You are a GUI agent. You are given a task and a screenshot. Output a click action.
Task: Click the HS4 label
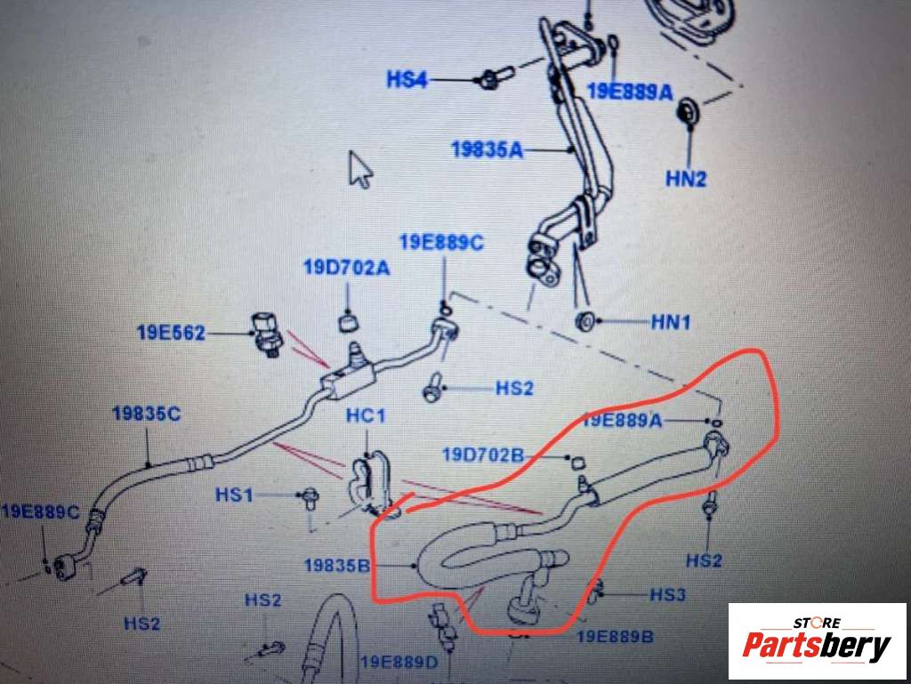[x=407, y=79]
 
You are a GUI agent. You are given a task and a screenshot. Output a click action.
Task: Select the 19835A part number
[x=487, y=149]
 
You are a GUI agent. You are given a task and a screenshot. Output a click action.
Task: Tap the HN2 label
[x=686, y=178]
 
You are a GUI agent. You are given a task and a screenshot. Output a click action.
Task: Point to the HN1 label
[x=671, y=321]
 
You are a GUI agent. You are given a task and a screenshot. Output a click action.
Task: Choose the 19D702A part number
[x=347, y=268]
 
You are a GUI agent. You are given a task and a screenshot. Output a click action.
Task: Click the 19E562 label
[x=171, y=333]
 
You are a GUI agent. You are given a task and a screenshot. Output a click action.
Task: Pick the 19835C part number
[x=147, y=414]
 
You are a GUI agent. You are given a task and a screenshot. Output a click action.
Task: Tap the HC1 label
[x=366, y=415]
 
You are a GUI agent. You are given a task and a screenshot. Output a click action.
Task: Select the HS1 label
[x=234, y=495]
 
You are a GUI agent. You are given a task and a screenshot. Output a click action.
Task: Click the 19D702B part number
[x=483, y=455]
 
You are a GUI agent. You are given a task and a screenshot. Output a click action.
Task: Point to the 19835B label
[x=337, y=565]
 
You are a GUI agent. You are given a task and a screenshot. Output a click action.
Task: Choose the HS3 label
[x=667, y=594]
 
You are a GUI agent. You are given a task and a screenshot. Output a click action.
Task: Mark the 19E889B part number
[x=615, y=636]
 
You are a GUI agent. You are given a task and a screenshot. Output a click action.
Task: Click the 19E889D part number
[x=399, y=662]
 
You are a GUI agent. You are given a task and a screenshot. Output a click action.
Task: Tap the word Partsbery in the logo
[x=817, y=646]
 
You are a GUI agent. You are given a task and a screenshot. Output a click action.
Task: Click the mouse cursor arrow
[x=359, y=170]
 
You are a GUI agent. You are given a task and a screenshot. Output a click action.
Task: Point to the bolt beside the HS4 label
[x=494, y=77]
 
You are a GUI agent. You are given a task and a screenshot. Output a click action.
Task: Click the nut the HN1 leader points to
[x=585, y=320]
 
